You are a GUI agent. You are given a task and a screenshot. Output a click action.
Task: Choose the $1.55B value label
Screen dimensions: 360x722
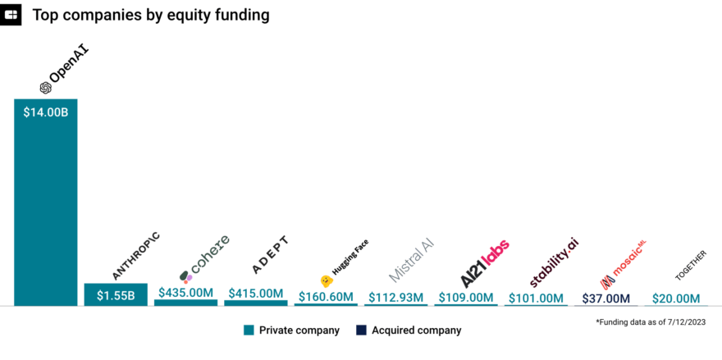[116, 295]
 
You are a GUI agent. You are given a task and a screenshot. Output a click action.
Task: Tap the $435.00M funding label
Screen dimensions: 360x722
[185, 293]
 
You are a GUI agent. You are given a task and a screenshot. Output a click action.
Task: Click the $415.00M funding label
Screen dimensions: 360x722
[255, 293]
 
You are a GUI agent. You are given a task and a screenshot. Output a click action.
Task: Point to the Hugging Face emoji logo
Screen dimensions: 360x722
[326, 280]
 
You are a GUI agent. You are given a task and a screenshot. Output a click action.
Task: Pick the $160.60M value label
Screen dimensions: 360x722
[325, 297]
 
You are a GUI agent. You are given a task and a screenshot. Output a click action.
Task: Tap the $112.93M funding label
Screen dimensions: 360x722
[395, 297]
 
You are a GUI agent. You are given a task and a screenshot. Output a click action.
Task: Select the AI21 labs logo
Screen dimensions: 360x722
[485, 263]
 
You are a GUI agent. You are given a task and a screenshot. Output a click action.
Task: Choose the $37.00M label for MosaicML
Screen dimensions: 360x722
[605, 298]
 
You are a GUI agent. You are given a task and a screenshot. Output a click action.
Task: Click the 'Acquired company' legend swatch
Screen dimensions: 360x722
[360, 330]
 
